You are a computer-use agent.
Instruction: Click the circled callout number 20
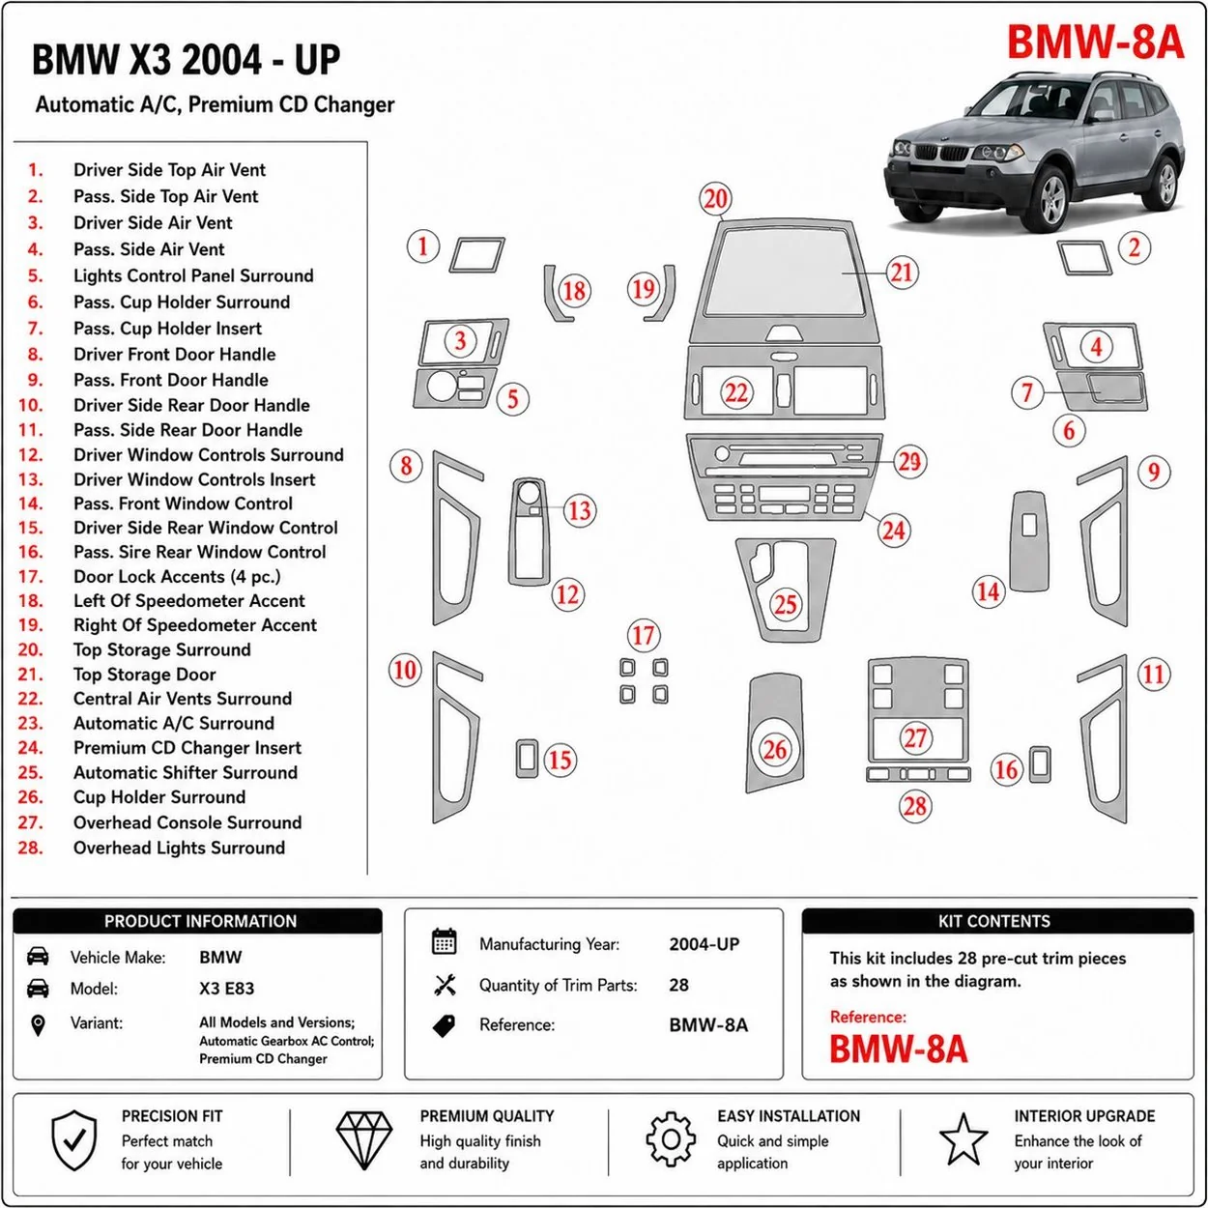715,199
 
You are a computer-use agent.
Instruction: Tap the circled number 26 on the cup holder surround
775,749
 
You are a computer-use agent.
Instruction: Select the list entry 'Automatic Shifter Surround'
185,772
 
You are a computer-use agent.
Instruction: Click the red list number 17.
30,576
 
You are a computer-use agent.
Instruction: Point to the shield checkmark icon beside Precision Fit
74,1140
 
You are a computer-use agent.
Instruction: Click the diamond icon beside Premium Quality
364,1140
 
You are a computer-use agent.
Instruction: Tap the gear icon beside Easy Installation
671,1139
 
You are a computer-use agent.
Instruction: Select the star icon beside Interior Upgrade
964,1139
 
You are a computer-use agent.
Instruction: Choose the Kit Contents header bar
997,921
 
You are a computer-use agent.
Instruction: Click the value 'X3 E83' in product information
227,989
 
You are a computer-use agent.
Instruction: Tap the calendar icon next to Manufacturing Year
445,941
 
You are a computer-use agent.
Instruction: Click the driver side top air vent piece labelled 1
477,255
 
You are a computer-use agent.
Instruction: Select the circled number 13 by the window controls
579,510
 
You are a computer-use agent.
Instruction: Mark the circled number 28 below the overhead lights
914,806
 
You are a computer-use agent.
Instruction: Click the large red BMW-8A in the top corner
1095,42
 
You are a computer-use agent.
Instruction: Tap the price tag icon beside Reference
445,1026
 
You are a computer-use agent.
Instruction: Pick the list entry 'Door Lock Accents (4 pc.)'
177,576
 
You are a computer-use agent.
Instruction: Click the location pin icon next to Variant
39,1026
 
